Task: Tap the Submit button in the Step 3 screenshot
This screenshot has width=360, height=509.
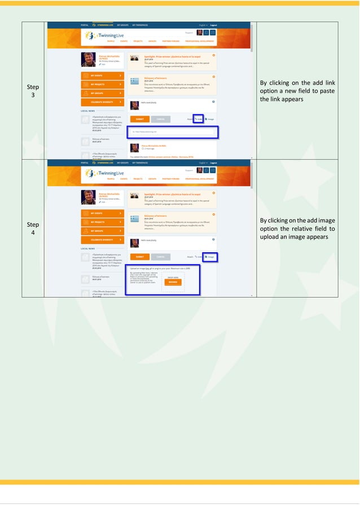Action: click(139, 119)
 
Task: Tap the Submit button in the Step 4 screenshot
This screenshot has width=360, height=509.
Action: click(139, 257)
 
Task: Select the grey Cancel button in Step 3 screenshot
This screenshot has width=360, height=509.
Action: click(160, 119)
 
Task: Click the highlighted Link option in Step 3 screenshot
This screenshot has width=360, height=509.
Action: click(199, 119)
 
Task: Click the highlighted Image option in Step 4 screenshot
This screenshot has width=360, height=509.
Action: click(210, 257)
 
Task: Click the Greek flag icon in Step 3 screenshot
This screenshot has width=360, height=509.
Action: click(134, 81)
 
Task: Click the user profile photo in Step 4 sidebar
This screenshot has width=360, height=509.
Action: click(88, 196)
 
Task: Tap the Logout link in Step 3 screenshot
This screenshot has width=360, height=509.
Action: click(214, 25)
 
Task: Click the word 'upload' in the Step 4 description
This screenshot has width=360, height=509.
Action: click(272, 237)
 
